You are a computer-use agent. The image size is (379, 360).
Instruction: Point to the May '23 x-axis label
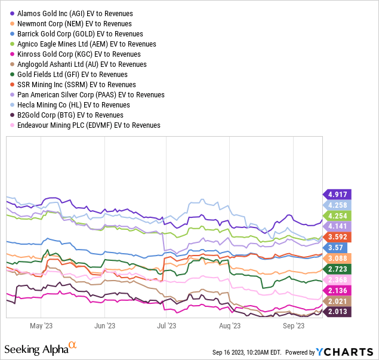(41, 326)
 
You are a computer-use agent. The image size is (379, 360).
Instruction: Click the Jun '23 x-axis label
(104, 326)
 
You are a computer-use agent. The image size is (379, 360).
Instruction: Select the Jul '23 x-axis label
(166, 326)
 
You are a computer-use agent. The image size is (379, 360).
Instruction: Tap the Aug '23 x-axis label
(230, 326)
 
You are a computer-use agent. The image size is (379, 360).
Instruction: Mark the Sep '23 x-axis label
(294, 326)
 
